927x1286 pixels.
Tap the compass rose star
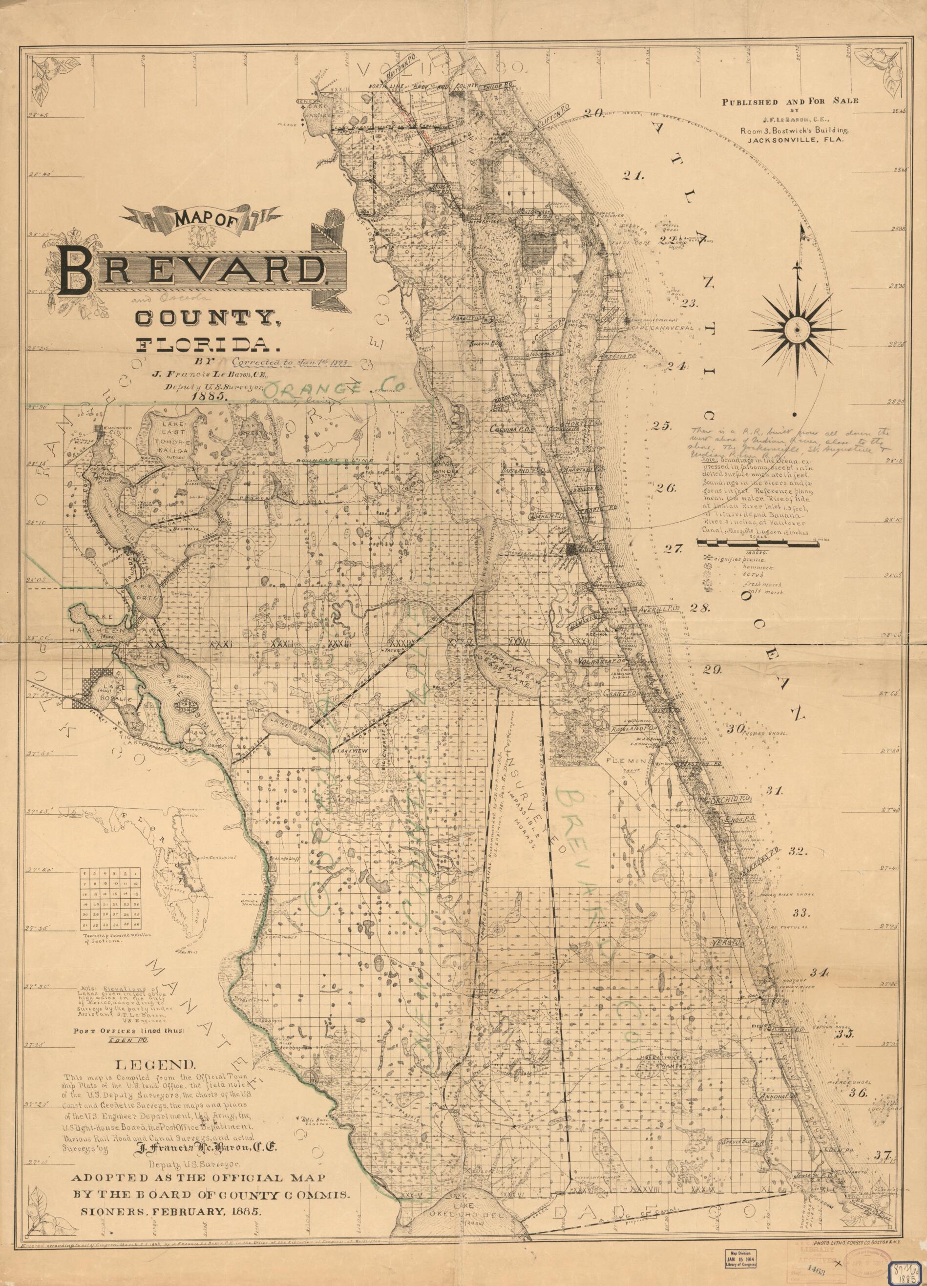pyautogui.click(x=797, y=328)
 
